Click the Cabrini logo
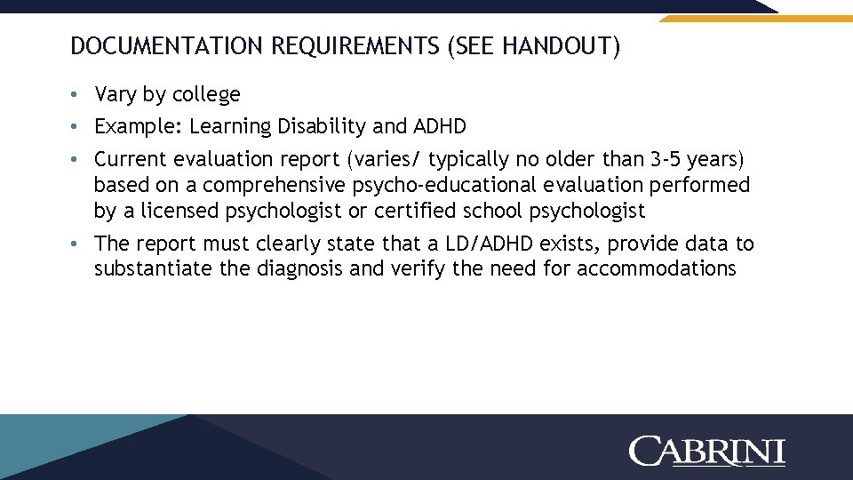(706, 451)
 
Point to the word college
(207, 94)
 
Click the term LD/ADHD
(490, 244)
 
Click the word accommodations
(657, 269)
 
